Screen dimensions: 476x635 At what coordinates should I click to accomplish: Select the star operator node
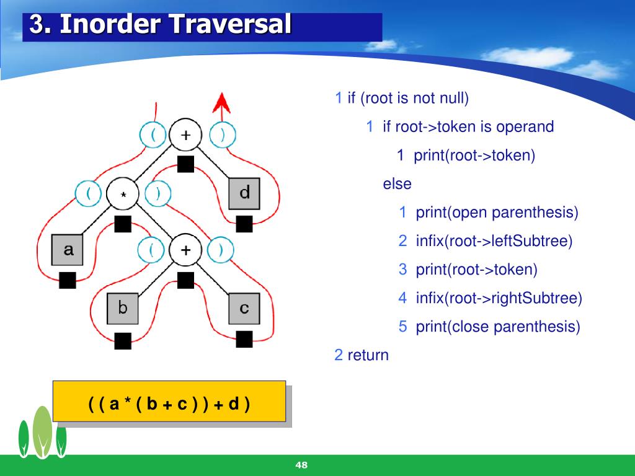pos(123,193)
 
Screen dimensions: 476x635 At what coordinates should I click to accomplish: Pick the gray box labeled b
pos(123,307)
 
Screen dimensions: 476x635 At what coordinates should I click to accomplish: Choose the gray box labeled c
pos(244,307)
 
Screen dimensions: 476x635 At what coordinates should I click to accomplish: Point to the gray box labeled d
pos(244,193)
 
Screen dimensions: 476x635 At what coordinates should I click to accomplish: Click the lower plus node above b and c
pos(185,250)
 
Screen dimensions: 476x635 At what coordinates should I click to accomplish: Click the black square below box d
pos(244,223)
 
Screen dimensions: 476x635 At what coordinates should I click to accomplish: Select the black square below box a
pos(68,280)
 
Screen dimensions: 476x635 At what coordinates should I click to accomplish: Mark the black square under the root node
pos(185,164)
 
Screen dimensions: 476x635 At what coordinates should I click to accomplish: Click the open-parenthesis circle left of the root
pos(153,135)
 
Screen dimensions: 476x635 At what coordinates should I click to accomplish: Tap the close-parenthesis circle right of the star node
pos(158,193)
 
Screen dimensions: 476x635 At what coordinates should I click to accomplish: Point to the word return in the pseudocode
pos(368,355)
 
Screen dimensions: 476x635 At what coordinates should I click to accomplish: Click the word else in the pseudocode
pos(397,184)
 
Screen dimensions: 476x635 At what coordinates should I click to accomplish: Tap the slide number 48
pos(302,465)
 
